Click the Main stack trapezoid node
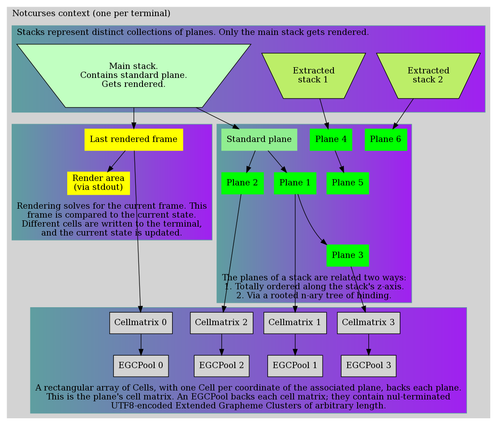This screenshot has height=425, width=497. [x=134, y=75]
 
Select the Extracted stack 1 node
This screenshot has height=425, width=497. [x=314, y=75]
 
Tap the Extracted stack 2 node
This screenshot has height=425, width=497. [x=428, y=75]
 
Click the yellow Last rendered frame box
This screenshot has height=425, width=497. [x=134, y=139]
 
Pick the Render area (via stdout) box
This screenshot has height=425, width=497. [x=99, y=183]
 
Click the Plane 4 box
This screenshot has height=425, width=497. [x=331, y=139]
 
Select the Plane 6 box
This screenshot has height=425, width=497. [x=385, y=139]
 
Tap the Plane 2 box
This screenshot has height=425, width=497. [x=242, y=183]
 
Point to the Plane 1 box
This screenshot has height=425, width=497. [x=295, y=183]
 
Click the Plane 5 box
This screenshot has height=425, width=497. [x=348, y=183]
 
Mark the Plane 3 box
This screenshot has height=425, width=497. [x=348, y=255]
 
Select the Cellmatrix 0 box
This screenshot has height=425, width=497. [x=141, y=322]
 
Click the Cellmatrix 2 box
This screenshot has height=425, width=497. [x=221, y=322]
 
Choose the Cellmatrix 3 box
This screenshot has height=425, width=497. [x=368, y=322]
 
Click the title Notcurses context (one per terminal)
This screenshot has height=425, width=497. [x=91, y=13]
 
